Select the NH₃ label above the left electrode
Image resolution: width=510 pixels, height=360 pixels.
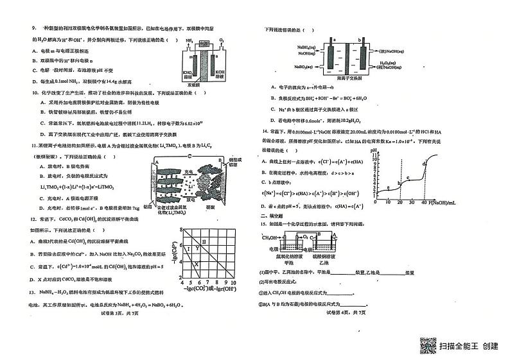(x=189, y=40)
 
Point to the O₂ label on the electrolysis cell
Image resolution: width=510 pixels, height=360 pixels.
(x=221, y=40)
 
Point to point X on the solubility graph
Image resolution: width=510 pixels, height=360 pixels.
(x=197, y=263)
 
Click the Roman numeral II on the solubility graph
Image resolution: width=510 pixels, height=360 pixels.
(x=204, y=242)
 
